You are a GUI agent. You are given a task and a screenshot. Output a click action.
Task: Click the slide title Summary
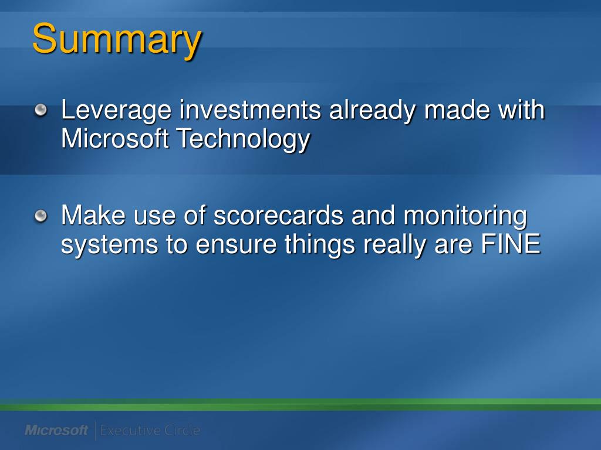(x=117, y=39)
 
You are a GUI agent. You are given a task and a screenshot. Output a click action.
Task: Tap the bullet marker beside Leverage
(x=40, y=110)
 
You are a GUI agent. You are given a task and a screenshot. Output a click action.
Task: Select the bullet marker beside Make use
(x=40, y=216)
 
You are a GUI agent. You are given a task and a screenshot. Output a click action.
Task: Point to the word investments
(x=250, y=110)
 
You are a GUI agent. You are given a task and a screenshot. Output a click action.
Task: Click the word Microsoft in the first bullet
(x=115, y=138)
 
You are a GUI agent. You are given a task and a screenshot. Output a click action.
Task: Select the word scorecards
(x=278, y=216)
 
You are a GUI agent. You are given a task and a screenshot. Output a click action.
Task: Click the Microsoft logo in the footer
(x=56, y=431)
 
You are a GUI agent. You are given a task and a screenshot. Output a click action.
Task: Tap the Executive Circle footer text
(x=150, y=431)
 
